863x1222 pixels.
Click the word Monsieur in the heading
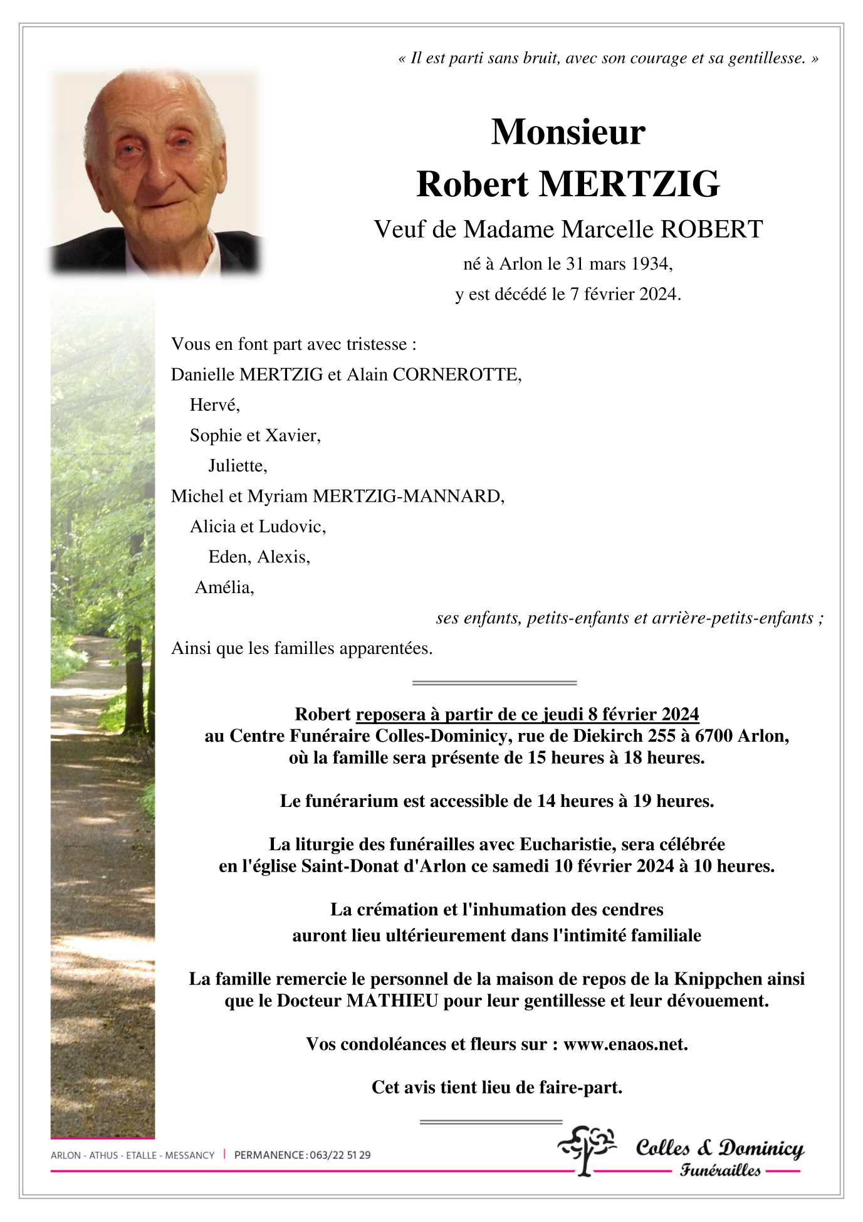[568, 132]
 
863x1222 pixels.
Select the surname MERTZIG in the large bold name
[629, 184]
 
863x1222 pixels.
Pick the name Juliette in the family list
[237, 466]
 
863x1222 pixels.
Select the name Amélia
[224, 587]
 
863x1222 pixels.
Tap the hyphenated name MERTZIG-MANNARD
[408, 497]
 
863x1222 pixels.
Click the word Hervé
[214, 405]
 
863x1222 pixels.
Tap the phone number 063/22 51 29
[340, 1155]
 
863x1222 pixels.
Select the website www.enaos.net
[625, 1044]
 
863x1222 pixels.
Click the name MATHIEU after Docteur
[392, 1001]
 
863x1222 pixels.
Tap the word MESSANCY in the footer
[189, 1155]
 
